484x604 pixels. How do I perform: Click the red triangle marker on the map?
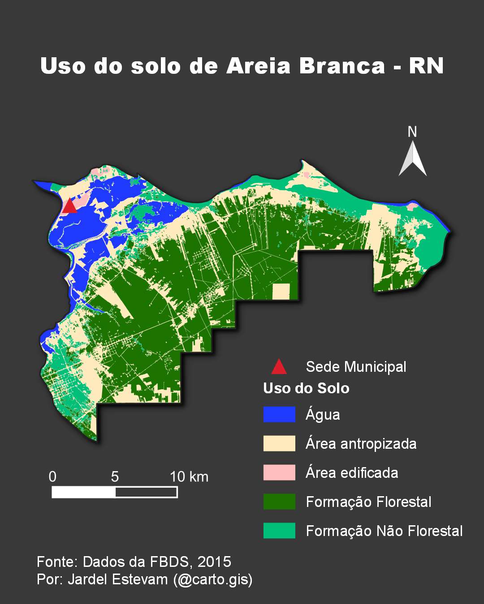pos(69,207)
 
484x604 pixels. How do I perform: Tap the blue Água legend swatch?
pos(279,414)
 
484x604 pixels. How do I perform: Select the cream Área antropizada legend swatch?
pos(279,443)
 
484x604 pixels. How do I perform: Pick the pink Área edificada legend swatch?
pos(279,472)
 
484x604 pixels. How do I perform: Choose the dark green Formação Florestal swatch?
pos(279,502)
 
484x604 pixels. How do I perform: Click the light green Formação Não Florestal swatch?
pos(279,531)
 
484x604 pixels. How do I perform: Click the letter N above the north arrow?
pos(412,132)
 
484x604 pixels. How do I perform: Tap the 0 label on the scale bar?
pos(52,477)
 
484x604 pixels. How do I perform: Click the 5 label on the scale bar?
pos(115,477)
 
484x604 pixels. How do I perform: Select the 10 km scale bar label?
pos(189,477)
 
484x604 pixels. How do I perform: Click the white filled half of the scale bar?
pos(83,493)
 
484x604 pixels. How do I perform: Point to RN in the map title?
pos(426,66)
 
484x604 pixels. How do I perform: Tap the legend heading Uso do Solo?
pos(306,388)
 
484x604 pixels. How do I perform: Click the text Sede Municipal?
pos(356,367)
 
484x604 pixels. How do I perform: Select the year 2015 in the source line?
pos(214,562)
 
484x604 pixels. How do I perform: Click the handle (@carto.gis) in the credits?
pos(213,579)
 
